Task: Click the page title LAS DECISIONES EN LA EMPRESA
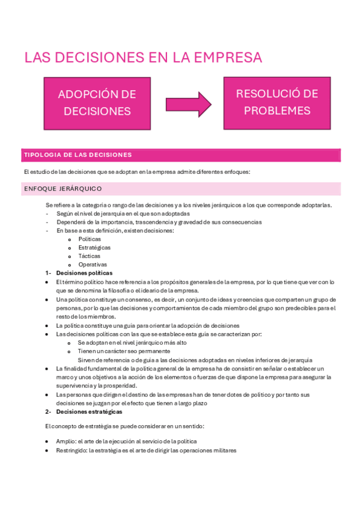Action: [143, 58]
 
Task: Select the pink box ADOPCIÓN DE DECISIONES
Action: [97, 102]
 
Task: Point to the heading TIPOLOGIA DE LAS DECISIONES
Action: [78, 155]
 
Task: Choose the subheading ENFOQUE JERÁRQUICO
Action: [63, 189]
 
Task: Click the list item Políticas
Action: [90, 239]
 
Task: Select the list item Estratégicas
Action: [94, 247]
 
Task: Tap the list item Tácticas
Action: [90, 256]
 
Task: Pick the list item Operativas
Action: [93, 264]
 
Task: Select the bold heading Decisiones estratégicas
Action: [89, 411]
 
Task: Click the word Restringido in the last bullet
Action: [71, 450]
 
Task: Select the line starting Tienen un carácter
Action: [123, 351]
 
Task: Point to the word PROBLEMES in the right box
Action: [277, 111]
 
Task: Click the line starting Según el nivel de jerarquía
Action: [123, 214]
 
